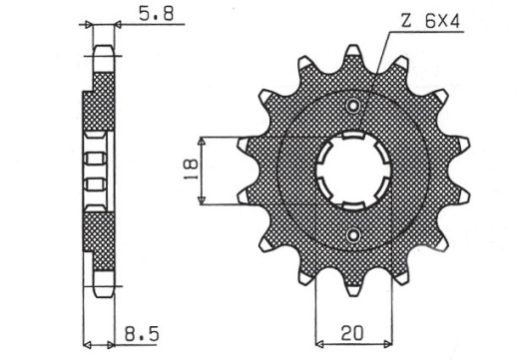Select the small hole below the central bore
click(x=352, y=234)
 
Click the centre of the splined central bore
click(x=352, y=170)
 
